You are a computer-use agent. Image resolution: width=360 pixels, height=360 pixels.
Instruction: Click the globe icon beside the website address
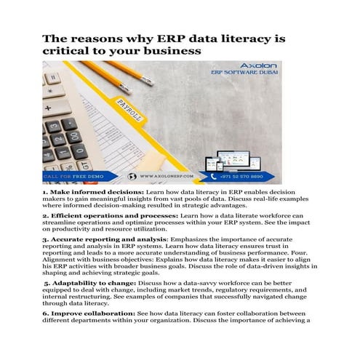point(132,176)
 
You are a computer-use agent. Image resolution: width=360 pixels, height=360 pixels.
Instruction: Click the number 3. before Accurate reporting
point(45,239)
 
